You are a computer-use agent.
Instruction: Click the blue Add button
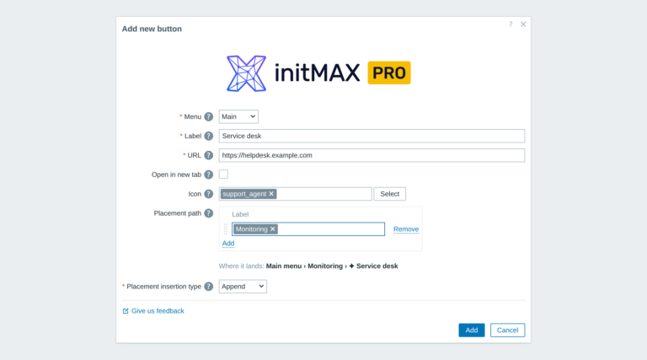(x=471, y=330)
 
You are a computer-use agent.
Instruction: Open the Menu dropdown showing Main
(x=238, y=116)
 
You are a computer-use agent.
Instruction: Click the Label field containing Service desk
(x=372, y=136)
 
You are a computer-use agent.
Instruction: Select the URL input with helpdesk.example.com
(x=372, y=155)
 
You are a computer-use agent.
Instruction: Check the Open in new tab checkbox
(x=223, y=175)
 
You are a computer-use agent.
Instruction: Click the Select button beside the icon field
(x=389, y=194)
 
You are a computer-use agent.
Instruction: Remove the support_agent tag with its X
(x=271, y=194)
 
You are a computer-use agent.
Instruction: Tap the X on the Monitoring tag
(x=272, y=229)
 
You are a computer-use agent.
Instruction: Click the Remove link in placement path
(x=406, y=229)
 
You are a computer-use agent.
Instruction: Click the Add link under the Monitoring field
(x=228, y=243)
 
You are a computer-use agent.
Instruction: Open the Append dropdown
(x=243, y=286)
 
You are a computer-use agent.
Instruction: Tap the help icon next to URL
(x=209, y=155)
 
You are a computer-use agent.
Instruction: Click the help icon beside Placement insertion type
(x=209, y=286)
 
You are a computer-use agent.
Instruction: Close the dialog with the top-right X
(x=523, y=24)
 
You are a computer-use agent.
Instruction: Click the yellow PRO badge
(x=389, y=73)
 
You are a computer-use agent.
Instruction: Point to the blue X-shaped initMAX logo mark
(x=246, y=73)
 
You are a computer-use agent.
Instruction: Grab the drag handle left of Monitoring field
(x=226, y=228)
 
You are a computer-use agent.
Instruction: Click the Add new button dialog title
(x=152, y=29)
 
